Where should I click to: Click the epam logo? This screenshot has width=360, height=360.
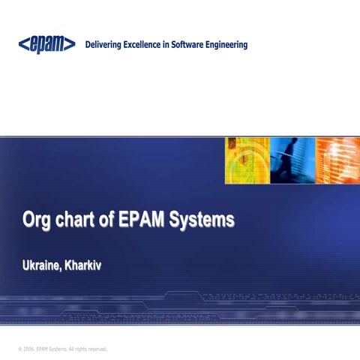pos(46,45)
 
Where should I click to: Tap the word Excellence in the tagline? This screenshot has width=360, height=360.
pos(153,45)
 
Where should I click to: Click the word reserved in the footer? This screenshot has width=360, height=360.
pos(95,349)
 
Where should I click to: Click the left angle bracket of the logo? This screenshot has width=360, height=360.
pos(22,46)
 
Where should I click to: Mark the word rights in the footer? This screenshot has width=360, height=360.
pos(77,349)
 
